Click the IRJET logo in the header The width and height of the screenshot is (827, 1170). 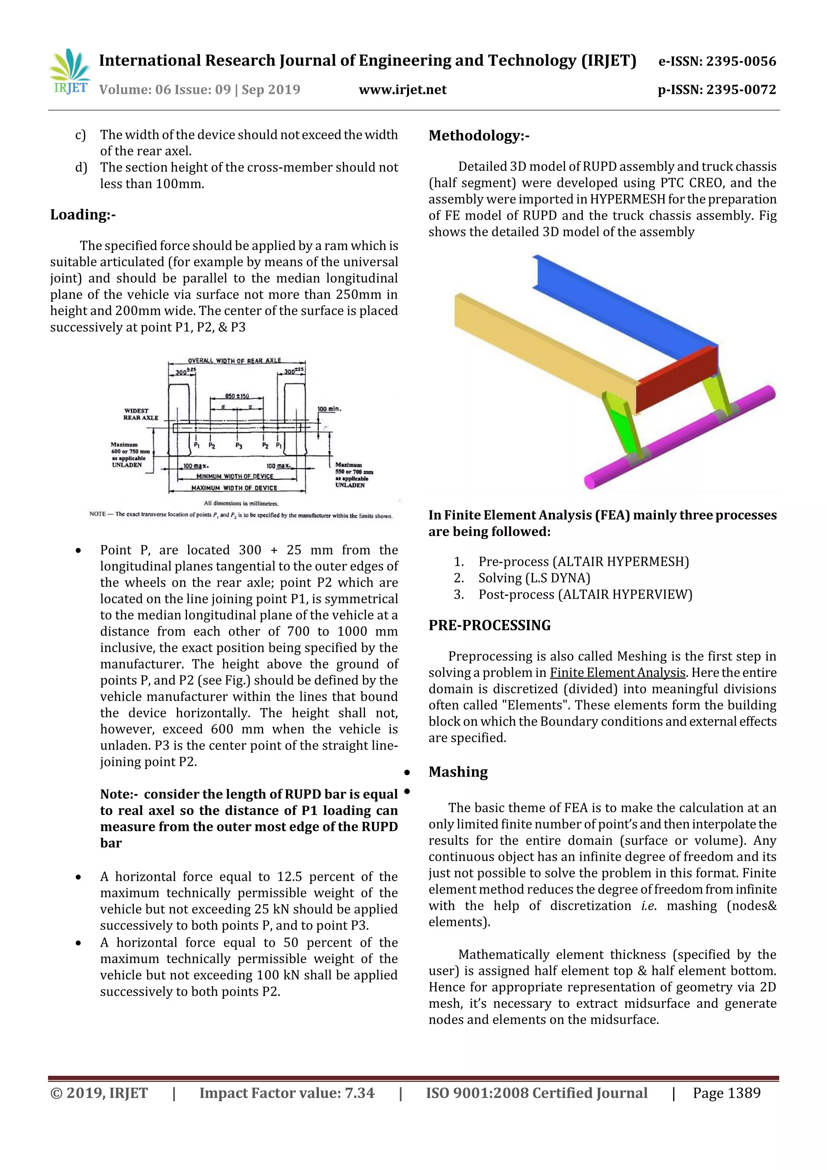point(70,72)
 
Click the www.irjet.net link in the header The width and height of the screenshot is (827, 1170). point(403,90)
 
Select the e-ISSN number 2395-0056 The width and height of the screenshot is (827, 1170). point(740,62)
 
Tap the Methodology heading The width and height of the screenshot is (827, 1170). point(479,136)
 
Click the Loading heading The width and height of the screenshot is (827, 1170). point(82,214)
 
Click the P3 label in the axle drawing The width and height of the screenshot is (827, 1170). point(239,445)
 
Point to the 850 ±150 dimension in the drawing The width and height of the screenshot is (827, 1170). point(237,396)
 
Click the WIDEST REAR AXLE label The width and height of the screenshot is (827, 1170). point(141,414)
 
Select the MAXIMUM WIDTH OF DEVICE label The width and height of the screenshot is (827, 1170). point(234,488)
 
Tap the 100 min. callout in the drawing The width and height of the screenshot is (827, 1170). point(329,409)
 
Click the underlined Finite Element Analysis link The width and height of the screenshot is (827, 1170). point(617,673)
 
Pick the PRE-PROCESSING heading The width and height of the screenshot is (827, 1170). point(489,625)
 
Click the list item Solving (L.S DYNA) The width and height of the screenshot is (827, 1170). point(534,578)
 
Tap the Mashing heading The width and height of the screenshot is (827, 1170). point(458,772)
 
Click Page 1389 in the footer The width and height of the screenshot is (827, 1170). point(726,1092)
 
